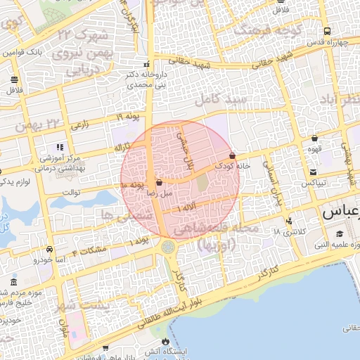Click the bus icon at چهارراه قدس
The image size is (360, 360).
pos(328,31)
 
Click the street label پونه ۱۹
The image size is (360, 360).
pos(129,115)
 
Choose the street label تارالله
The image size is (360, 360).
pos(124,146)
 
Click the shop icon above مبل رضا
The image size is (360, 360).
pos(159,182)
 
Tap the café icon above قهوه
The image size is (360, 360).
pos(314,138)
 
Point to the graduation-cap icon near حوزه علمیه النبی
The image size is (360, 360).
pos(340,234)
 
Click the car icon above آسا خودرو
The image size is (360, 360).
pos(49,249)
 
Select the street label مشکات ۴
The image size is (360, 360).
pos(90,250)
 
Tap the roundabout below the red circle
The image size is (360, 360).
pos(168,247)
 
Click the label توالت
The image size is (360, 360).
pos(72,191)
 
